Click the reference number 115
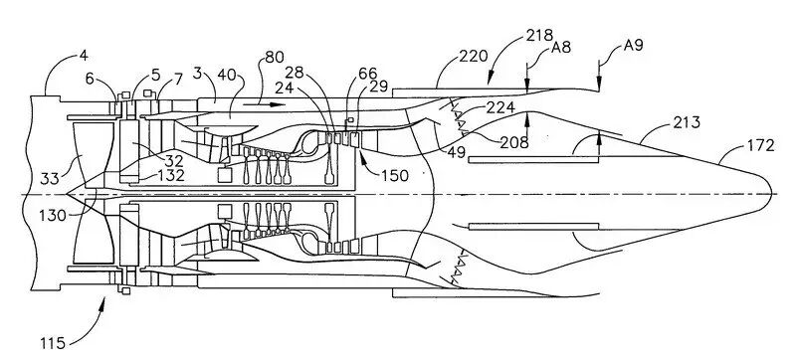[53, 343]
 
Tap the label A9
[633, 45]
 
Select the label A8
[561, 48]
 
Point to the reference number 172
[761, 146]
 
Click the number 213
[687, 122]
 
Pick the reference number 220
[474, 56]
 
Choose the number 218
[539, 35]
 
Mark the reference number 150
[394, 175]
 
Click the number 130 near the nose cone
[53, 216]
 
